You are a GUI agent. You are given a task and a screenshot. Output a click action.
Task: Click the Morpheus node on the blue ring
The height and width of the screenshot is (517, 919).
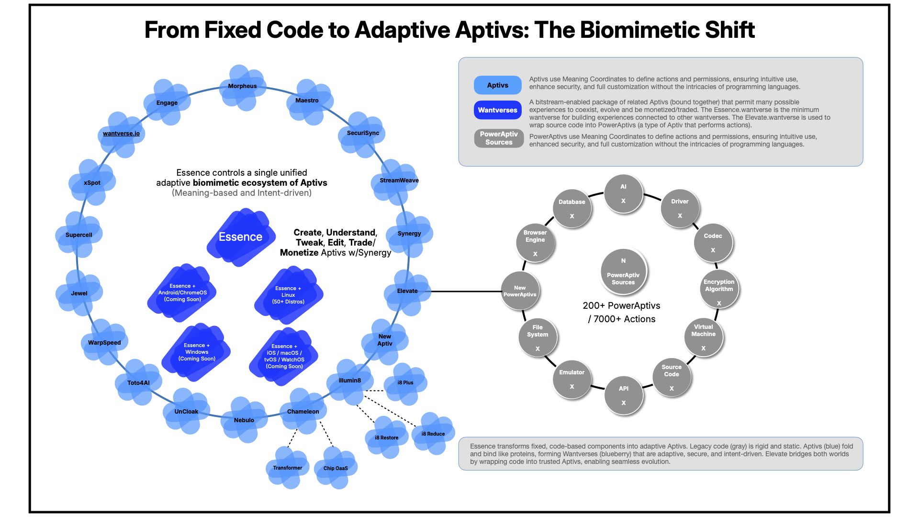(x=243, y=87)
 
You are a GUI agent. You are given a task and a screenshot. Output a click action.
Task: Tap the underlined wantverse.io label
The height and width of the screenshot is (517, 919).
(x=121, y=134)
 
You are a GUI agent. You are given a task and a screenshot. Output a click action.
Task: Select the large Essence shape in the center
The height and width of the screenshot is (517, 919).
(x=241, y=237)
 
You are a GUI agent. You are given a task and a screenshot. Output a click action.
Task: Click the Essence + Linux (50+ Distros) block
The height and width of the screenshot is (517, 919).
(x=288, y=295)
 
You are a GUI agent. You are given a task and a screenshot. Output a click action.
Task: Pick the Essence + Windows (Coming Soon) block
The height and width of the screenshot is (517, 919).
(x=197, y=352)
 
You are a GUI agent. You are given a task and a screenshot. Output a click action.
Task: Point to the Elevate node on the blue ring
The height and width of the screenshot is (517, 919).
(x=407, y=291)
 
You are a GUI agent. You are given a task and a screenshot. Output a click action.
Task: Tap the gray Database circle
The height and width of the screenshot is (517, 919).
(x=572, y=209)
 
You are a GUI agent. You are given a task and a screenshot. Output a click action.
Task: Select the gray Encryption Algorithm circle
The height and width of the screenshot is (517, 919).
(x=719, y=289)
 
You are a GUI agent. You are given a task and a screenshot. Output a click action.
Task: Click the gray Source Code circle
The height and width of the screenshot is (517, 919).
(x=672, y=377)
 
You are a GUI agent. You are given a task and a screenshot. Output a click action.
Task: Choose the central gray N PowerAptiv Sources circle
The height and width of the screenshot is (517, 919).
(x=623, y=272)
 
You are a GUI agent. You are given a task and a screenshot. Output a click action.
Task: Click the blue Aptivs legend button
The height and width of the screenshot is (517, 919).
(x=498, y=85)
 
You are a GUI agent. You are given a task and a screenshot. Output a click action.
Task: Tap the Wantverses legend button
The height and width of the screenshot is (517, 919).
(x=498, y=110)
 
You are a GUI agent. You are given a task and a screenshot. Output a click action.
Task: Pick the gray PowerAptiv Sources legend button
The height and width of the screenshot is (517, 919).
(x=499, y=138)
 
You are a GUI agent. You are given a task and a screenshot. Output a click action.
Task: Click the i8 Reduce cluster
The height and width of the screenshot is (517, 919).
(x=433, y=434)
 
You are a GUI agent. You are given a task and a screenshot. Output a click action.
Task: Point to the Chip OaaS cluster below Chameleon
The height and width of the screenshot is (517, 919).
(x=336, y=468)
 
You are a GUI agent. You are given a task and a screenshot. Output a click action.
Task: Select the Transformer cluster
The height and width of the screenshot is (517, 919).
(x=287, y=468)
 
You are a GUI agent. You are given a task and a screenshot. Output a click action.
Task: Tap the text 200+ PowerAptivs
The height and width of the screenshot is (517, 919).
(x=621, y=306)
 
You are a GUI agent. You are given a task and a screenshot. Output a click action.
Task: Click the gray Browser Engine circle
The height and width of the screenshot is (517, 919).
(x=535, y=243)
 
